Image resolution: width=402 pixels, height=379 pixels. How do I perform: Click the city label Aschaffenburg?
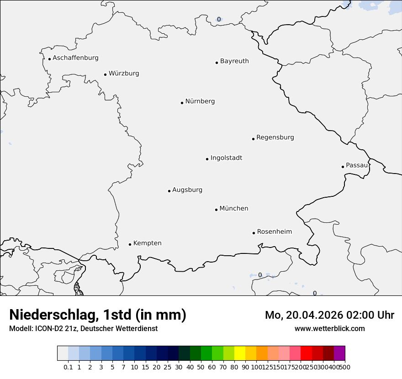click(75, 58)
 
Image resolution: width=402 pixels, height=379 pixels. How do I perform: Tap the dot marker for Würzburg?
click(105, 74)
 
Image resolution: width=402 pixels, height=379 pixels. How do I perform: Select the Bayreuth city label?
click(234, 61)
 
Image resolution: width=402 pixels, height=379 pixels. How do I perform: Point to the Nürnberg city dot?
click(182, 103)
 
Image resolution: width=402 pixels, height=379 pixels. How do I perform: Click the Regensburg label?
click(275, 137)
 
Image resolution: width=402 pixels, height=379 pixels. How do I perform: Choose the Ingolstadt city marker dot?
click(207, 159)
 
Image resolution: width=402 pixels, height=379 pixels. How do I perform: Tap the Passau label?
click(356, 165)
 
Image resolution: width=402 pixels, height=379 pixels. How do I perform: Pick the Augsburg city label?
click(187, 190)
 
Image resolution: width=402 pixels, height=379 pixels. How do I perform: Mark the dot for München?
click(216, 210)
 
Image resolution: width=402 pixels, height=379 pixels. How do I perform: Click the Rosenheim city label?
click(274, 232)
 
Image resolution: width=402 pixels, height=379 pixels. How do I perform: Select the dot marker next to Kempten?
click(130, 244)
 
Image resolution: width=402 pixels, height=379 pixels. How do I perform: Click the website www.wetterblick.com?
click(329, 328)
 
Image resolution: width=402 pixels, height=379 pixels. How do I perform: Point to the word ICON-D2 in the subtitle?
click(48, 328)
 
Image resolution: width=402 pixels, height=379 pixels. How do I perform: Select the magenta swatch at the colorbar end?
click(339, 353)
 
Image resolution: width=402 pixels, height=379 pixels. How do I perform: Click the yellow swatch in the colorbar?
click(240, 353)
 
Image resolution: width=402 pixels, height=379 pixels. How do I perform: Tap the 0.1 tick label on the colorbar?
click(68, 367)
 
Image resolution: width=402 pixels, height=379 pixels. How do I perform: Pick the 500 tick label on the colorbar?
click(346, 367)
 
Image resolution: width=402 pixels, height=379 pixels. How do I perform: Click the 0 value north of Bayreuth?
click(219, 19)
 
